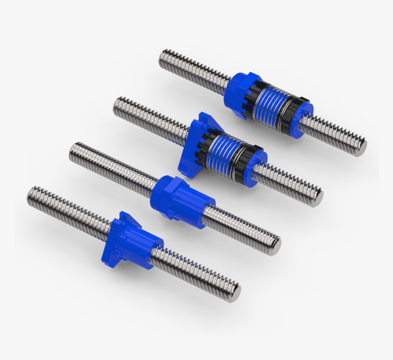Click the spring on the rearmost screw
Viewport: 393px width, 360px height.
click(x=273, y=104)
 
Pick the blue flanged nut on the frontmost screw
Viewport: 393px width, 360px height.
click(x=132, y=241)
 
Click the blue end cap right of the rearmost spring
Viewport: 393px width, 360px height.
click(x=305, y=118)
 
